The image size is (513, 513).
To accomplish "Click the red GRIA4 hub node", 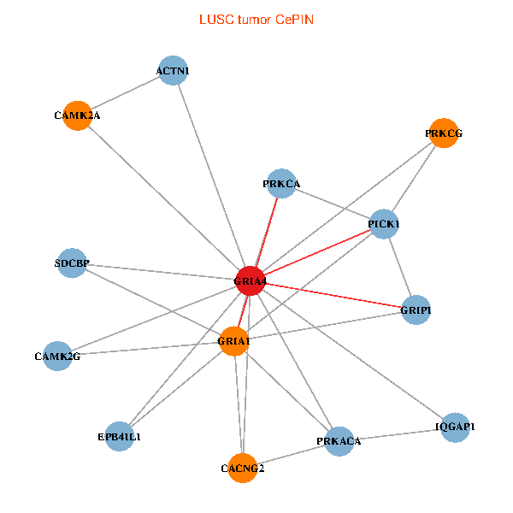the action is tap(250, 280).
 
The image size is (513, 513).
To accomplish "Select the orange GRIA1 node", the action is tap(234, 341).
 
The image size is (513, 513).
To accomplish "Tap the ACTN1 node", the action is tap(173, 71).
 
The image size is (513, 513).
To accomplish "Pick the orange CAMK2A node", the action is tap(77, 115).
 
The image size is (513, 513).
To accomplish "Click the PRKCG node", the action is tap(443, 133).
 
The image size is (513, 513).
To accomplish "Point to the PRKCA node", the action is tap(281, 183).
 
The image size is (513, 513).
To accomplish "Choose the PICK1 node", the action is tap(384, 224).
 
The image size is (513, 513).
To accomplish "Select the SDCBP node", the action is tap(72, 263).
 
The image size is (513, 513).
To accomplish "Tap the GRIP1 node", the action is tap(416, 310).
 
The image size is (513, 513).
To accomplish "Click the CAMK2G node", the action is tap(57, 356).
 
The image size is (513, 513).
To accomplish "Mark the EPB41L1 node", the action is tap(120, 436).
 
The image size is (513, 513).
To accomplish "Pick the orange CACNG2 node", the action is tap(243, 468).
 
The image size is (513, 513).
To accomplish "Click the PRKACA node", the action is tap(339, 441).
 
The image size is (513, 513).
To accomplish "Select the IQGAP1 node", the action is tap(455, 427).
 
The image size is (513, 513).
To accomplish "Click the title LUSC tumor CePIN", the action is tap(256, 19).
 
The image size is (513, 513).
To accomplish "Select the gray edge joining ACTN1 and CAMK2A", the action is tap(125, 93).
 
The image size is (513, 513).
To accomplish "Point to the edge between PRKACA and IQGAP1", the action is tap(397, 434).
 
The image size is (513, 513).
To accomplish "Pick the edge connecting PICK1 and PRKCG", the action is tap(413, 179).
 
